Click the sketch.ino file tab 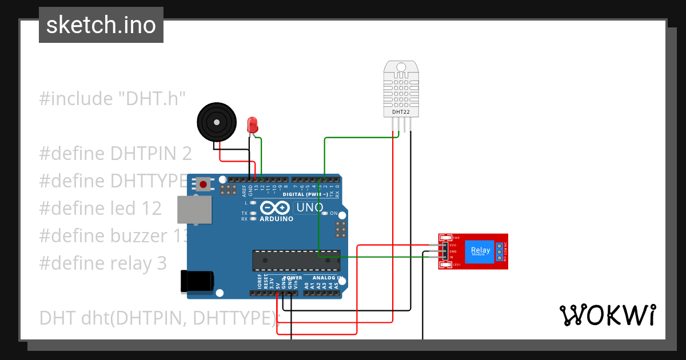(x=101, y=25)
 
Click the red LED (x=252, y=125)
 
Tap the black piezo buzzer (x=216, y=121)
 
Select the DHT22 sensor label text (x=401, y=112)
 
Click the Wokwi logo (x=607, y=315)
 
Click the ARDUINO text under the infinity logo (x=277, y=219)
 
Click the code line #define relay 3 (x=103, y=263)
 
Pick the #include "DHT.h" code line (x=113, y=98)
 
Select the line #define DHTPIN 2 (x=115, y=153)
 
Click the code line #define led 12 (x=100, y=208)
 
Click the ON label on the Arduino (x=333, y=213)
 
